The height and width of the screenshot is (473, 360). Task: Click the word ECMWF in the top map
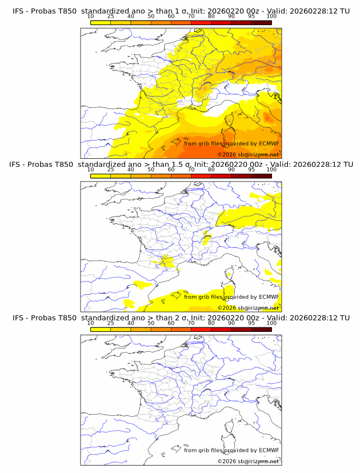click(269, 143)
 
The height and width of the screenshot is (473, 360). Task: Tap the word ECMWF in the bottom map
click(269, 450)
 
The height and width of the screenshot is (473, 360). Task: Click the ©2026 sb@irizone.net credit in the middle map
click(248, 307)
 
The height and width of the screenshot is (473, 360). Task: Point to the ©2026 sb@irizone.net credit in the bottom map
click(248, 461)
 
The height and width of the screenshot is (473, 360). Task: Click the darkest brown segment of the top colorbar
click(261, 22)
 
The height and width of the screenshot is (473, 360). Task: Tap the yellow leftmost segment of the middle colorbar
click(101, 175)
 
